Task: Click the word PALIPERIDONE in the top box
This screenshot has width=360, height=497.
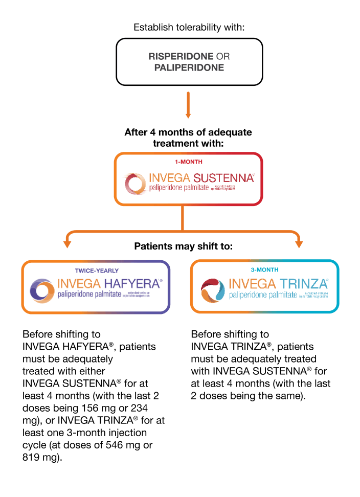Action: [x=189, y=67]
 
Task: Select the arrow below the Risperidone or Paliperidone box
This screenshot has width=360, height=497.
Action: [x=188, y=105]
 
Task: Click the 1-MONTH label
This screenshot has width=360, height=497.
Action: [x=189, y=162]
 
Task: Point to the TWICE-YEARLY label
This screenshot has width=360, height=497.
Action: [x=97, y=270]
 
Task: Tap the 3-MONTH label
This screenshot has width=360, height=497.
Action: [x=264, y=269]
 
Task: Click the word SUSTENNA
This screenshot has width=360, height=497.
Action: [x=223, y=178]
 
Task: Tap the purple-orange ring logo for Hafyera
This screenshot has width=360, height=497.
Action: [x=42, y=290]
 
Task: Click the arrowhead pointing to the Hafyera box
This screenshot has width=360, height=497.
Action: [x=66, y=244]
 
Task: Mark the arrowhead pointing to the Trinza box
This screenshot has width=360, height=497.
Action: [x=299, y=244]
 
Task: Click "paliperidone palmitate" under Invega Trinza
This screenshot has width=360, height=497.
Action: [x=263, y=295]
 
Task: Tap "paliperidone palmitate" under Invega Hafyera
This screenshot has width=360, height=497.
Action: [x=89, y=295]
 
